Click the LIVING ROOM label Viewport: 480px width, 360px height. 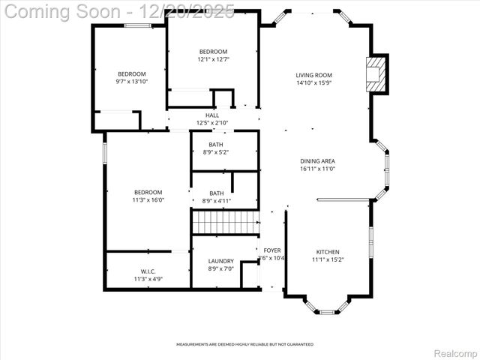pyautogui.click(x=313, y=75)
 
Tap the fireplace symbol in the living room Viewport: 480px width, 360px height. pyautogui.click(x=375, y=74)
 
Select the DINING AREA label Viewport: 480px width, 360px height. pyautogui.click(x=317, y=161)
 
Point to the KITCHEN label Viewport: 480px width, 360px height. pyautogui.click(x=327, y=252)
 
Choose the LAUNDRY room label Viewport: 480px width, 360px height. pyautogui.click(x=220, y=261)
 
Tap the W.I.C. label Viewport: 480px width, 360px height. pyautogui.click(x=148, y=271)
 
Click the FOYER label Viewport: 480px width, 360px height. pyautogui.click(x=271, y=250)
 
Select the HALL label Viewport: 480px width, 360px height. pyautogui.click(x=212, y=115)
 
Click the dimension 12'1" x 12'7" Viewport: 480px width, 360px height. pyautogui.click(x=213, y=59)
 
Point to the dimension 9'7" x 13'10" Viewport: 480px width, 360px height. pyautogui.click(x=131, y=81)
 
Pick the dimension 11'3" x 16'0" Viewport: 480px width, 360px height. pyautogui.click(x=148, y=200)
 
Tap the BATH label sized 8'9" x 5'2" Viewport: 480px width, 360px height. pyautogui.click(x=216, y=145)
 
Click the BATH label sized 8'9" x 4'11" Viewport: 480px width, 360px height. pyautogui.click(x=216, y=193)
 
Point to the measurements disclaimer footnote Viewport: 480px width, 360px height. pyautogui.click(x=244, y=344)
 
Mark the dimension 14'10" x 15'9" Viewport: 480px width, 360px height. pyautogui.click(x=313, y=83)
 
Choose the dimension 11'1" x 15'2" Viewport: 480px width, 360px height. pyautogui.click(x=327, y=259)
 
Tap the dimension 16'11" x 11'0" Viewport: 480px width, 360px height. pyautogui.click(x=317, y=169)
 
